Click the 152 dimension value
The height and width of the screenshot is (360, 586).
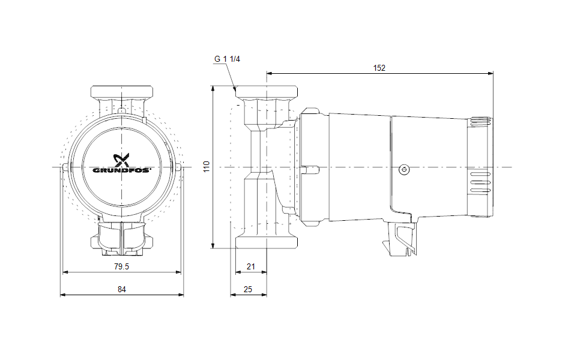[x=379, y=68]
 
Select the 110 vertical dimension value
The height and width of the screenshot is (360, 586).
[x=207, y=166]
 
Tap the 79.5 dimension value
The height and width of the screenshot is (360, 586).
[x=122, y=266]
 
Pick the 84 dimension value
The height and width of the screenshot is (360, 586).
[x=122, y=289]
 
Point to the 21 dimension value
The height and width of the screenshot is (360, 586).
[x=251, y=266]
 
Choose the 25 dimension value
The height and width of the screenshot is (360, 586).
[x=248, y=289]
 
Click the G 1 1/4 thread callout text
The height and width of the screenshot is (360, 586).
[x=227, y=59]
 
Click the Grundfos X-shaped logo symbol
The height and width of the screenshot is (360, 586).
[x=122, y=160]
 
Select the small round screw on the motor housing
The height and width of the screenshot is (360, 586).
[x=404, y=170]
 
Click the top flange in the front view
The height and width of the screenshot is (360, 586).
[x=122, y=92]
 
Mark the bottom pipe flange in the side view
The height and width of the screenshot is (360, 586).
[x=266, y=242]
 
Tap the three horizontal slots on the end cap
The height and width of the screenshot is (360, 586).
[x=479, y=183]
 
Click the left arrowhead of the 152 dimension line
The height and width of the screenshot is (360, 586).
[x=268, y=74]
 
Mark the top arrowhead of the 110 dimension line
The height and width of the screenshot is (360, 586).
[x=213, y=88]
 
